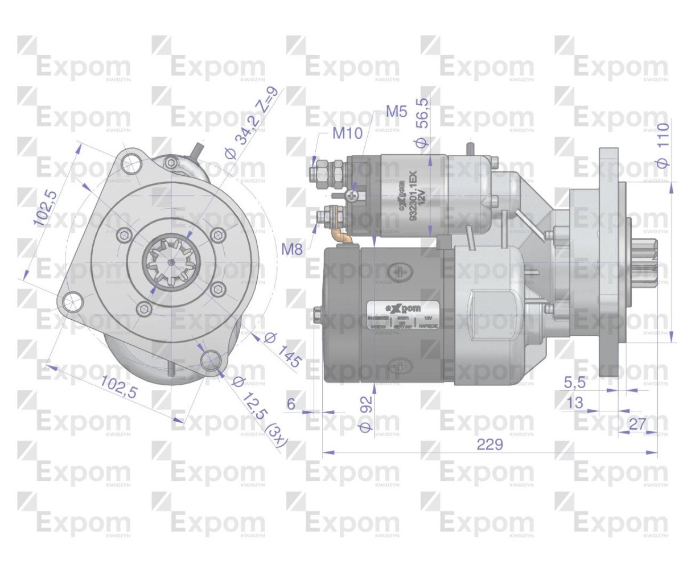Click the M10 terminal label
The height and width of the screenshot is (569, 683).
(347, 134)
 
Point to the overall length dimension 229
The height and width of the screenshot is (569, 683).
(490, 444)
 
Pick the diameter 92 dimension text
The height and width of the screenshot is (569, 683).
(365, 414)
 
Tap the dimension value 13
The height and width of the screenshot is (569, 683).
(575, 403)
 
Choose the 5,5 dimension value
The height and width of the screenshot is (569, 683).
(575, 383)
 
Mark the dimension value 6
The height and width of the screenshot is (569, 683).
(291, 404)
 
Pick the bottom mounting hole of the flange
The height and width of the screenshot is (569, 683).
(211, 359)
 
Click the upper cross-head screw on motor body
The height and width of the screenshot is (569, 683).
(403, 271)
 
